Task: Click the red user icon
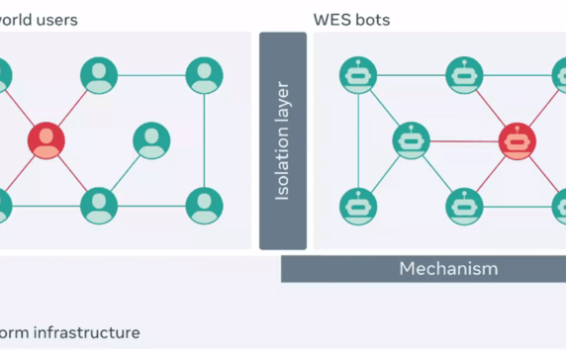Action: (46, 140)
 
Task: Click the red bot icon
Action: (517, 140)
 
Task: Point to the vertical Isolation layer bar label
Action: (283, 140)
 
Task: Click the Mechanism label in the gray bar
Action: (448, 268)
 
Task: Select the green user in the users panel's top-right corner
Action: (204, 76)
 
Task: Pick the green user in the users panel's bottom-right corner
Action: (204, 205)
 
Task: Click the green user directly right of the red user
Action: (150, 140)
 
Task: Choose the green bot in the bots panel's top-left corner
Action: (357, 76)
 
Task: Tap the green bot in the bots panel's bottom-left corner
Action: (357, 205)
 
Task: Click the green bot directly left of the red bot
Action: (411, 140)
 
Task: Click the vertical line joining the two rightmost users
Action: (204, 140)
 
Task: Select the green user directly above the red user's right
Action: (99, 76)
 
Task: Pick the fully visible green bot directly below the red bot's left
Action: (463, 205)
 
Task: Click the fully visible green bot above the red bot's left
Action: (463, 76)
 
